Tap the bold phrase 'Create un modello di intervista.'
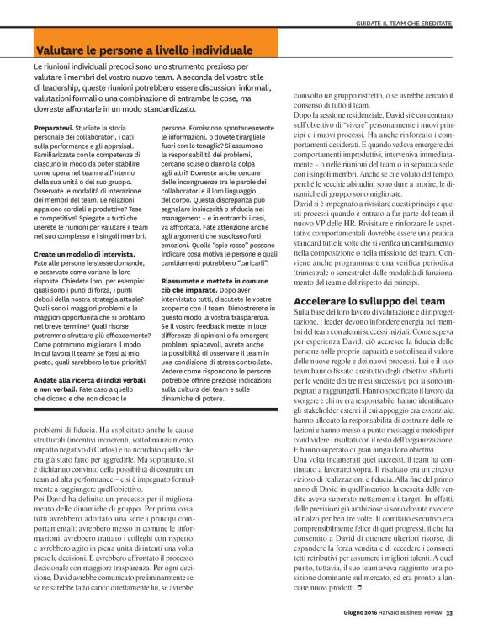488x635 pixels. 90,252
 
